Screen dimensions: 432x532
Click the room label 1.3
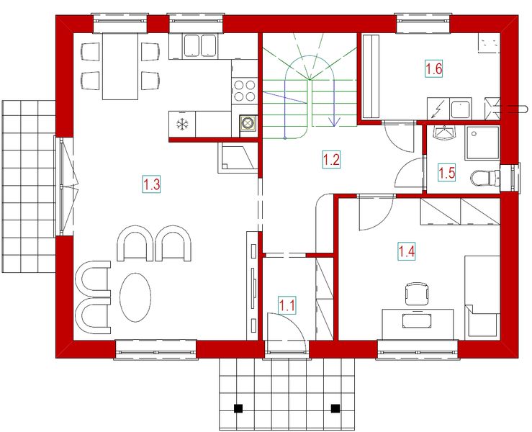[x=151, y=184]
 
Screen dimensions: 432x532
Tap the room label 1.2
[x=330, y=160]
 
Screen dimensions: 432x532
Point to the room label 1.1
[x=287, y=305]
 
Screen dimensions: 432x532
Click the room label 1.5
[x=447, y=173]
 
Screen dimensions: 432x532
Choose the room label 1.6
[x=433, y=70]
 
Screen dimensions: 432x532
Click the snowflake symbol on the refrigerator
[x=183, y=125]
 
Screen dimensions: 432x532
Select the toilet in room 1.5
[x=484, y=177]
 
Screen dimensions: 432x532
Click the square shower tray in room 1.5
[x=481, y=143]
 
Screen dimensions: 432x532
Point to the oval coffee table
[x=135, y=296]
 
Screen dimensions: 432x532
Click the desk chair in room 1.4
[x=417, y=294]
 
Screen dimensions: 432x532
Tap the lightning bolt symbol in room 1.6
[x=438, y=109]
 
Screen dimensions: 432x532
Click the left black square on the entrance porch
[x=239, y=408]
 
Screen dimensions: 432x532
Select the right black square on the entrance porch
[x=335, y=408]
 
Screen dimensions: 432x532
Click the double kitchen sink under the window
[x=201, y=46]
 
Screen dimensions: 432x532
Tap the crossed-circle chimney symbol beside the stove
[x=248, y=123]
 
